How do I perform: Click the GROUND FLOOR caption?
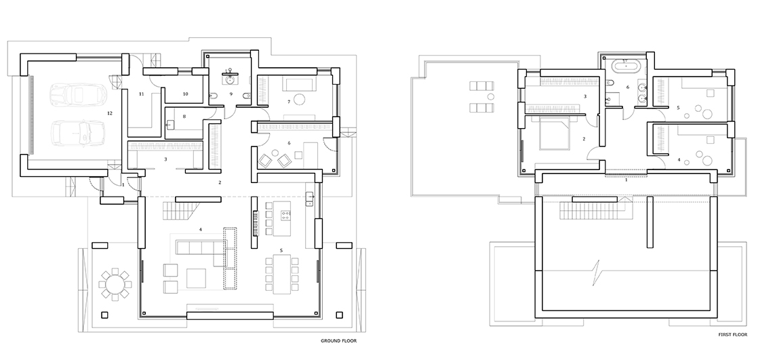point(338,341)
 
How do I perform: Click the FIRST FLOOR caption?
point(733,335)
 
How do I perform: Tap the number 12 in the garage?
point(110,113)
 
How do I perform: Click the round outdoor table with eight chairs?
point(115,284)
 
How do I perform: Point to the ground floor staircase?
point(180,212)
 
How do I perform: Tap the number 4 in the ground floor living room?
point(201,229)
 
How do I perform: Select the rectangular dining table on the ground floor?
point(280,275)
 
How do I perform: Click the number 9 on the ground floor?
point(231,94)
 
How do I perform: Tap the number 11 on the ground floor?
point(141,94)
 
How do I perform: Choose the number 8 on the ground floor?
point(184,117)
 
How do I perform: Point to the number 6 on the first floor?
point(628,87)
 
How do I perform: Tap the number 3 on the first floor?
point(585,96)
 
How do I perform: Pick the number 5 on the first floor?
point(679,107)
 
